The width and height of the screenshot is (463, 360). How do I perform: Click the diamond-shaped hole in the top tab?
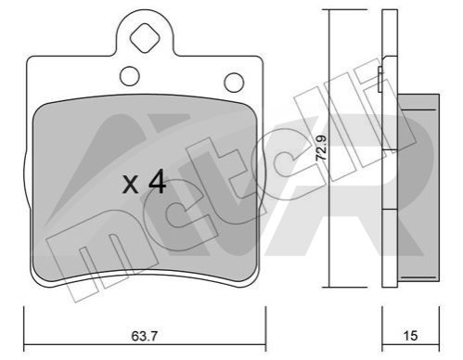[x=145, y=39]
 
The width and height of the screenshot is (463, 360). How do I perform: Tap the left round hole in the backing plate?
[x=130, y=76]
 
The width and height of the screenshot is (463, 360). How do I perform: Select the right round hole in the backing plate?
[x=234, y=83]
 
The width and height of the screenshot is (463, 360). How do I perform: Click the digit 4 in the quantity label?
[x=158, y=183]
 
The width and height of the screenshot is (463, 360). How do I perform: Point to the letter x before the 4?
[x=130, y=185]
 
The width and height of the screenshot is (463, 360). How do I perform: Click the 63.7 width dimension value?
[x=145, y=336]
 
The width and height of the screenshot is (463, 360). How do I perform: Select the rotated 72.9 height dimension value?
[x=321, y=148]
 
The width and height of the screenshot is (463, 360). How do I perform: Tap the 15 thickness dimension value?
[x=410, y=336]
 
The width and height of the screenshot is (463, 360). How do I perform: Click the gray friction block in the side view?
[x=418, y=188]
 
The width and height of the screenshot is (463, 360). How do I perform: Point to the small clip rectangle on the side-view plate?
[x=380, y=79]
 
